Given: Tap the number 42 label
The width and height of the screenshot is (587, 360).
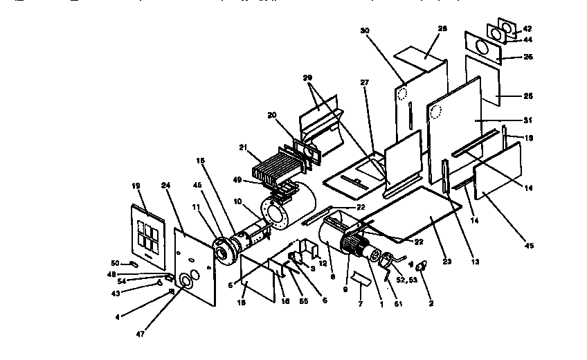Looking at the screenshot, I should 527,29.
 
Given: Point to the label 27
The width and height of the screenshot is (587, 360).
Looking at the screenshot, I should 365,82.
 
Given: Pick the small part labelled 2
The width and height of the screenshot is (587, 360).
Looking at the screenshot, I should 422,267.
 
